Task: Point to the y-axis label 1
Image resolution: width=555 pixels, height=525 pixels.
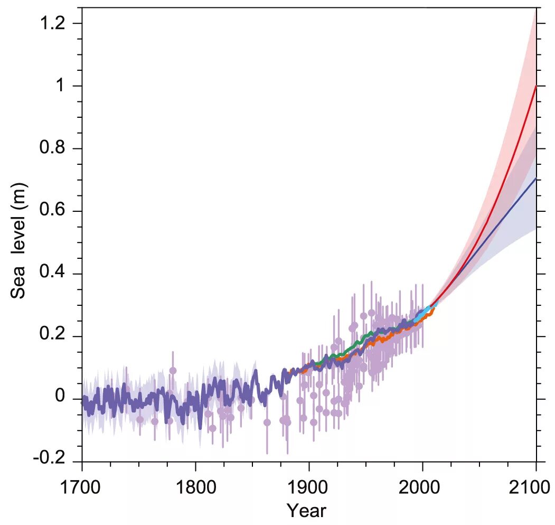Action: [63, 86]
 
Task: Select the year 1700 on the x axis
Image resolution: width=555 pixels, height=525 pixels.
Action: [81, 487]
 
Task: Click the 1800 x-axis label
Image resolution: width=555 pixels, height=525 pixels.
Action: [195, 487]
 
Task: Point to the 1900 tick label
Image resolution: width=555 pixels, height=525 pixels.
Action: [309, 487]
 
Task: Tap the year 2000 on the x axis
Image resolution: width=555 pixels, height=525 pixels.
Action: [422, 487]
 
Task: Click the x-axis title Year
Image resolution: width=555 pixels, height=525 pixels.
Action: [306, 511]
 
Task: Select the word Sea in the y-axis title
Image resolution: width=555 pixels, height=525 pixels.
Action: [18, 284]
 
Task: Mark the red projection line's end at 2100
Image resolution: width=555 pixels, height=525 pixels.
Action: [535, 86]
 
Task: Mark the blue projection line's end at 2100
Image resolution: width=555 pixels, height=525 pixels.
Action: [535, 179]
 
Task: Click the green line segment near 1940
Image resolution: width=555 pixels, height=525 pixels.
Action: [354, 345]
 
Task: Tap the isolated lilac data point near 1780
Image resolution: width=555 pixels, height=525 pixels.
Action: [173, 370]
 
